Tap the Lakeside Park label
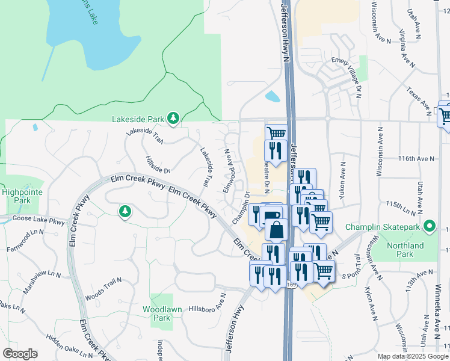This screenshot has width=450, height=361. (x=138, y=119)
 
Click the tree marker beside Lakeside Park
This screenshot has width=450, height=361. (x=173, y=118)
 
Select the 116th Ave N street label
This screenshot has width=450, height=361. (x=415, y=158)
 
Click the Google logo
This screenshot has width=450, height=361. (x=20, y=354)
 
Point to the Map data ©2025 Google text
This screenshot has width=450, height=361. (x=413, y=356)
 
